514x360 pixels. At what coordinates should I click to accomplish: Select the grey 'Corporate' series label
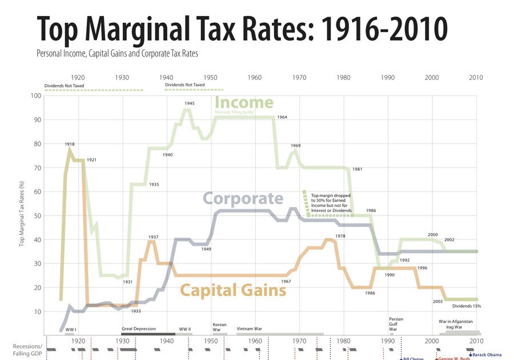pos(243,198)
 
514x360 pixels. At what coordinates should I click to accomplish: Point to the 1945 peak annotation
pos(190,103)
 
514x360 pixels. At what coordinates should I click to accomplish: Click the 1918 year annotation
pos(70,144)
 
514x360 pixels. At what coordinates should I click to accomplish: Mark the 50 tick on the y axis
pos(37,215)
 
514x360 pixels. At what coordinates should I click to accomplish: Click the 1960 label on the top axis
pos(255,77)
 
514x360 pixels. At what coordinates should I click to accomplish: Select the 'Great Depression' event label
pos(139,329)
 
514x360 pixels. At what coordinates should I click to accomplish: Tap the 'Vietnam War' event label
pos(250,329)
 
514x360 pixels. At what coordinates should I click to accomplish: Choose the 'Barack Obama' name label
pos(487,355)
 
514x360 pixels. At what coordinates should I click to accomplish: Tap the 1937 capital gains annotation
pos(153,237)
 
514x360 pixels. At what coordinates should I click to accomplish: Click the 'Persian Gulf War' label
pos(396,324)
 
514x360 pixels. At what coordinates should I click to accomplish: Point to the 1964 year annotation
pos(282,117)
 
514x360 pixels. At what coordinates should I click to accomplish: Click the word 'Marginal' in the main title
pos(183,29)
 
